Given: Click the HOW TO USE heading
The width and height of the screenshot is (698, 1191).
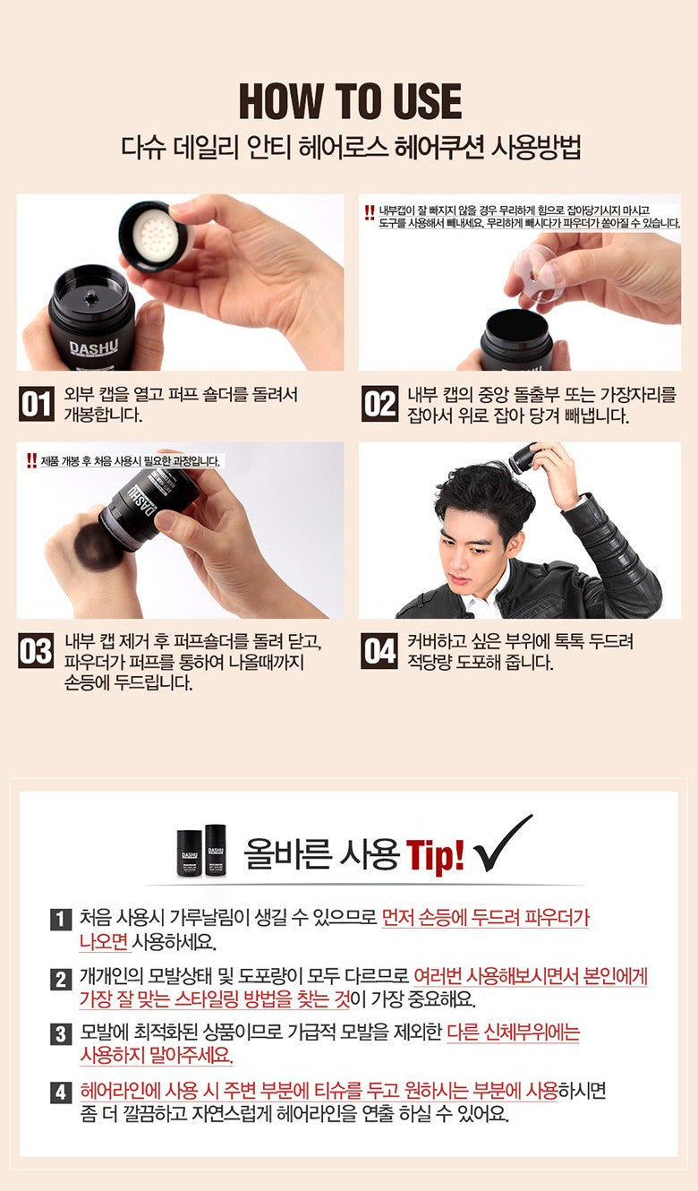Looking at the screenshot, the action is point(350,101).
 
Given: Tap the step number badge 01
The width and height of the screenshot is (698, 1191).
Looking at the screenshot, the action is point(36,404).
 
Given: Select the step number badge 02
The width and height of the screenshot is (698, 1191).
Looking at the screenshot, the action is point(379,404).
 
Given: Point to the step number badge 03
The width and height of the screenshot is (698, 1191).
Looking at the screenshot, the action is point(36,650).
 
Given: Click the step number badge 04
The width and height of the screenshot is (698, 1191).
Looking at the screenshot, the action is point(379,650).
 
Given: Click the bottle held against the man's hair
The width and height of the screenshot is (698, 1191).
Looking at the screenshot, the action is point(523,458).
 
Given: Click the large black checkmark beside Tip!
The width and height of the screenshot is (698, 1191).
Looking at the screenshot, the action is point(502,844).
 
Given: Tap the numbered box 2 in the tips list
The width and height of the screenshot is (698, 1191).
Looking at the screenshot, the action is point(61,979).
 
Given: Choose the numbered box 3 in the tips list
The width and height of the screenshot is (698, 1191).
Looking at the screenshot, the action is point(61,1034).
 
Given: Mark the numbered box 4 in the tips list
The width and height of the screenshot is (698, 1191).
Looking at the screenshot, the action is point(61,1092).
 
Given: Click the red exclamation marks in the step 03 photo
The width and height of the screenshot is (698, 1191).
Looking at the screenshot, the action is point(31,460).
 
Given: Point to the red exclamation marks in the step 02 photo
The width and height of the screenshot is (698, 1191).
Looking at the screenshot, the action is point(370,213).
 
